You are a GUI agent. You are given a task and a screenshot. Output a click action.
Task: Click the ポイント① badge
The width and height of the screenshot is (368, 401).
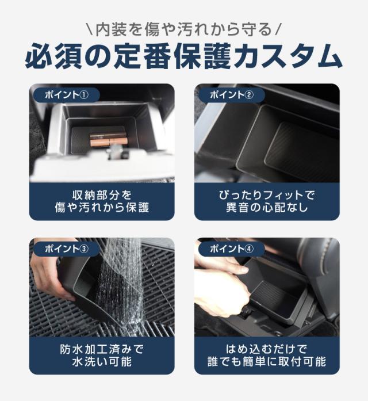tap(67, 95)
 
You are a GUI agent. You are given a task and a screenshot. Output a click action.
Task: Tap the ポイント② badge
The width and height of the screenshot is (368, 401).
tap(232, 95)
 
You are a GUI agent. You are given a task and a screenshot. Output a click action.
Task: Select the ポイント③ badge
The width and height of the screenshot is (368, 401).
tap(67, 249)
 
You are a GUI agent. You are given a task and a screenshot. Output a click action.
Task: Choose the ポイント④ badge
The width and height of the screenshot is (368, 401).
tap(232, 249)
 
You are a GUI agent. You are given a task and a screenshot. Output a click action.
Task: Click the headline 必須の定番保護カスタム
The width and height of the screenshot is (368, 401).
tap(184, 56)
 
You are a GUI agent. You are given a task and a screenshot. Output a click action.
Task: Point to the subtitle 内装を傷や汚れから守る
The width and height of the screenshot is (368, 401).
tap(184, 29)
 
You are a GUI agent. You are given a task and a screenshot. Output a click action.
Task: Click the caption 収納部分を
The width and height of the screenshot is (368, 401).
tap(102, 195)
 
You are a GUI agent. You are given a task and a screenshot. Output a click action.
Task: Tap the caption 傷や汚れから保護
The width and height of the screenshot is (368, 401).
tap(102, 207)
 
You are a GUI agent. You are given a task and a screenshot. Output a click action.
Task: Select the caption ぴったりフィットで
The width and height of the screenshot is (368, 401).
tap(267, 195)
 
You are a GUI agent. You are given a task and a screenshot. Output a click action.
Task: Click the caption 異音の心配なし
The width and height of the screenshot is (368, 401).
tap(267, 207)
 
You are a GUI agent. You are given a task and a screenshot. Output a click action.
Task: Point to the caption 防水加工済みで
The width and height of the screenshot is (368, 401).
tap(102, 349)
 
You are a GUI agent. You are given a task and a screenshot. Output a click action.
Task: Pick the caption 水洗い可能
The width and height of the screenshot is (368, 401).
tap(102, 361)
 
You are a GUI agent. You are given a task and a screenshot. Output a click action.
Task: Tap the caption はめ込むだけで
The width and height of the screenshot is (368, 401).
tap(267, 349)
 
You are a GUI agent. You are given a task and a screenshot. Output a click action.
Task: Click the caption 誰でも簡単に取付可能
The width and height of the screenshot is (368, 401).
tap(267, 361)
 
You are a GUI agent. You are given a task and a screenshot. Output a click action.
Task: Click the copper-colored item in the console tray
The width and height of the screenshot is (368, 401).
tap(109, 140)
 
